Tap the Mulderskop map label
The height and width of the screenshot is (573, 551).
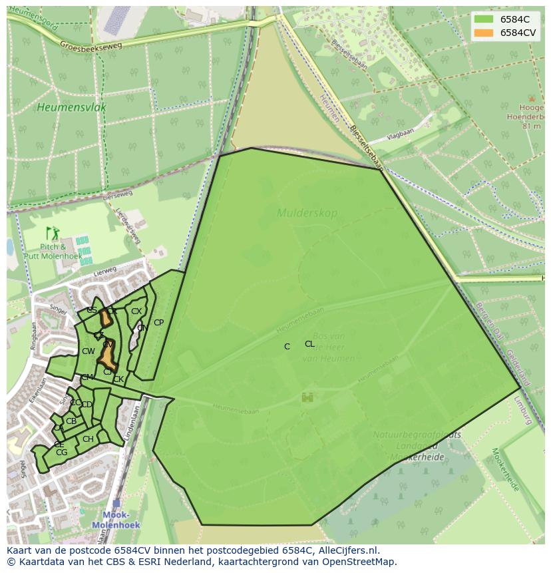pos(307,214)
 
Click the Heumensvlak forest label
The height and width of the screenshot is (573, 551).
pos(72,106)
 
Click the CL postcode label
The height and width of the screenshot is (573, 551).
pos(309,344)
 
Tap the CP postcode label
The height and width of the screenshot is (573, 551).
pos(158,323)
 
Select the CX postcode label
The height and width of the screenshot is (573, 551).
pos(136,311)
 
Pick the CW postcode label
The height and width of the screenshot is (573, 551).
pos(89,351)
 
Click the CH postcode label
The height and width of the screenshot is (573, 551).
pos(88,439)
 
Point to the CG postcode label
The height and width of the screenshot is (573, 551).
pos(62,453)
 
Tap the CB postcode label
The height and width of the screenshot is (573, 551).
pos(71,421)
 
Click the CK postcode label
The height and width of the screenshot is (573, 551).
pos(118,380)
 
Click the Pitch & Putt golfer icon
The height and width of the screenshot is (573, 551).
pos(53,234)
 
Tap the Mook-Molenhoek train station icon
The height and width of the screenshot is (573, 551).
pos(117,504)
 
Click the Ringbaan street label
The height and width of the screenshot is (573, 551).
pos(33,336)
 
